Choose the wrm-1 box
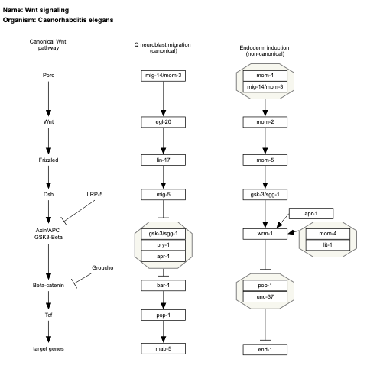click(264, 233)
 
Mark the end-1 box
click(264, 348)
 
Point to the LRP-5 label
click(96, 195)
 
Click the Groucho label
click(105, 268)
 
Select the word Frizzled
click(49, 160)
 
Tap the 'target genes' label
click(49, 348)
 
